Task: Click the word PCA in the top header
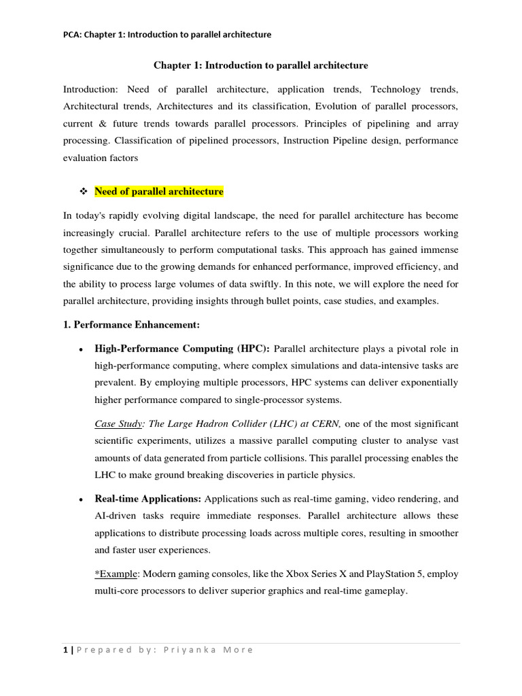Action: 71,35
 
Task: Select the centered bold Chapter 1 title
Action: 260,65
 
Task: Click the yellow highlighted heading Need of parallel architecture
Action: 158,192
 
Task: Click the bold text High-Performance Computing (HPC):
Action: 182,349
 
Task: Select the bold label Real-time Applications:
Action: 148,498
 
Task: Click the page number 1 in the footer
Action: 65,649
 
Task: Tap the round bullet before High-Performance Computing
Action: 81,350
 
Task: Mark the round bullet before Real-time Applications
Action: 81,500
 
